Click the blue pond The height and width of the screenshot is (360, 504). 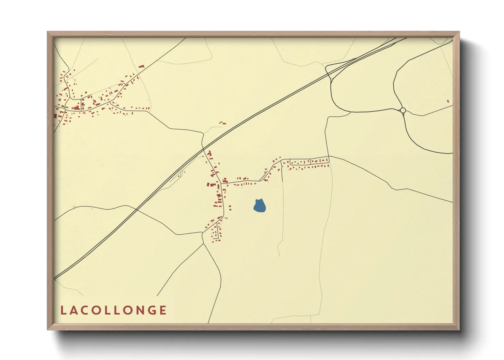click(259, 206)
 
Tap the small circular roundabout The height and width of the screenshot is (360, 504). click(403, 110)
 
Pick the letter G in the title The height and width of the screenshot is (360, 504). click(151, 310)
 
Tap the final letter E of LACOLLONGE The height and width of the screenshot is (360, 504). click(163, 310)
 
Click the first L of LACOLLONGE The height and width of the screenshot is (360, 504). click(63, 310)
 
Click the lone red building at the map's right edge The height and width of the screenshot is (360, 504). click(448, 101)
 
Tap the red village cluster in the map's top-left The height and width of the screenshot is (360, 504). click(89, 99)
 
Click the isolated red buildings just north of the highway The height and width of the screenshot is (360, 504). click(222, 123)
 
